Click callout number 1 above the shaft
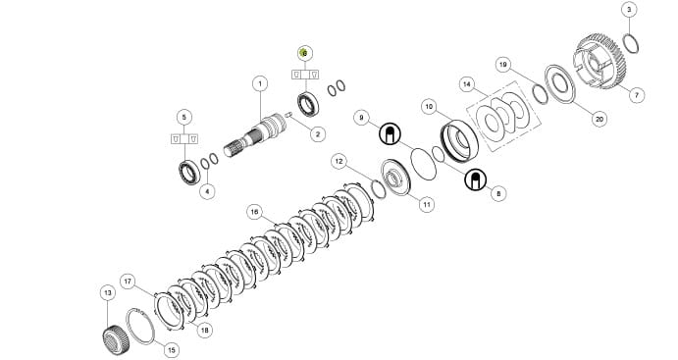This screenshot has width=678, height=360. point(260,83)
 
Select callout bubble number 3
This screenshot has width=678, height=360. point(629,10)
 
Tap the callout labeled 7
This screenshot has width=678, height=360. point(637,94)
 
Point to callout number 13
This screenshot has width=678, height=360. point(108,293)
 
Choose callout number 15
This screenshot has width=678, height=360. point(172,349)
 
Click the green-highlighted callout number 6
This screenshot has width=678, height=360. point(305,53)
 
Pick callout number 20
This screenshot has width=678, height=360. point(599,118)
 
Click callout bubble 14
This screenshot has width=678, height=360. point(467,84)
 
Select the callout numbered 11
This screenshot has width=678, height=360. point(427,204)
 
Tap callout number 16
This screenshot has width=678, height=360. point(255,212)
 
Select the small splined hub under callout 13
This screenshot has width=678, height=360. point(115,339)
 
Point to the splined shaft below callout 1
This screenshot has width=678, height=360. point(255,134)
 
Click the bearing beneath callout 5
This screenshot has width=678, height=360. point(189,172)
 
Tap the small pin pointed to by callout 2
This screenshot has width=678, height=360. point(288,115)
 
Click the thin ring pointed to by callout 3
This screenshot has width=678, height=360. point(631,43)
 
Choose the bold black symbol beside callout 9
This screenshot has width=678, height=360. point(391,134)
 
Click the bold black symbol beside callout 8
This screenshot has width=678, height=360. point(476,180)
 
